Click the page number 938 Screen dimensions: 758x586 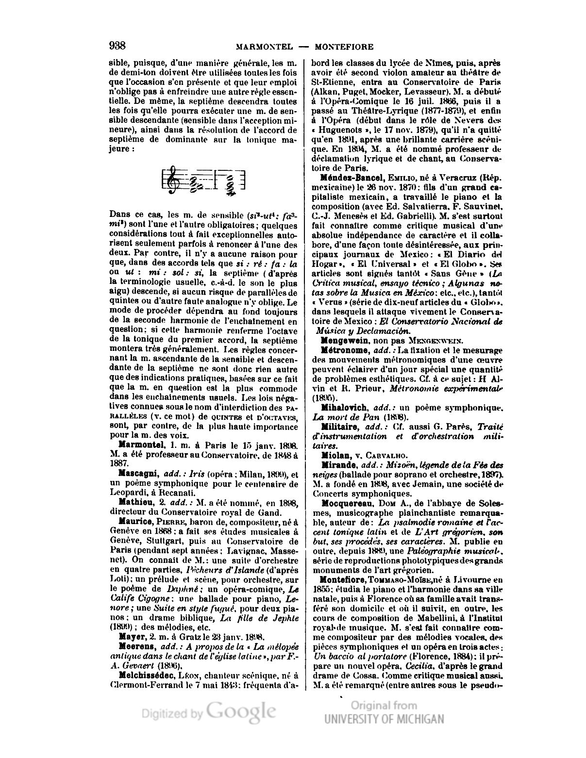click(x=117, y=46)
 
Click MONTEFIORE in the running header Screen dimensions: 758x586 click(x=344, y=47)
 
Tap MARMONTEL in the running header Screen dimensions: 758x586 click(x=264, y=47)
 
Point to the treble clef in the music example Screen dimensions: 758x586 click(x=171, y=181)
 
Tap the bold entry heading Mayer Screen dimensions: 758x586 click(x=130, y=636)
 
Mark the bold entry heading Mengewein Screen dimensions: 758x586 click(x=342, y=340)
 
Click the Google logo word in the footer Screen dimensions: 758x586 click(x=241, y=712)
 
